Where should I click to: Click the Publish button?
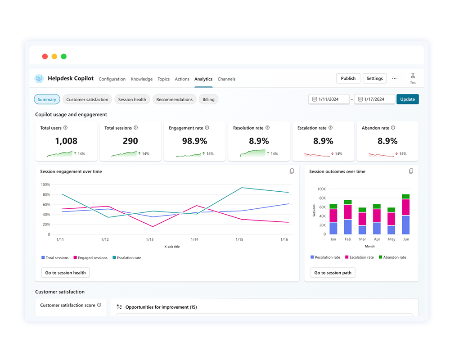point(348,78)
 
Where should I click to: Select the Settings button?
point(374,78)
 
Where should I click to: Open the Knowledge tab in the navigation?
point(142,79)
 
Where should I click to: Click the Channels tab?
point(226,79)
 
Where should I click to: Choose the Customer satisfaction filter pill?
point(87,99)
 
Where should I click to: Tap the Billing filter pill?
point(208,99)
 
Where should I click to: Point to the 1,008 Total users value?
point(66,141)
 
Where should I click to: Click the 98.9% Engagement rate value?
point(195,141)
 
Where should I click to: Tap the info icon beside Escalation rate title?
point(331,128)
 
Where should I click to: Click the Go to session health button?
point(66,273)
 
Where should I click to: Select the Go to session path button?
point(333,273)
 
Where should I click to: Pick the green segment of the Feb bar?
point(348,202)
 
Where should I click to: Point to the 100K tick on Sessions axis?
point(321,189)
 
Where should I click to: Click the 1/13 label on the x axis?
point(150,240)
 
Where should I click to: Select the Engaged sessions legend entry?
point(90,258)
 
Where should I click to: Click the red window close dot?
point(45,56)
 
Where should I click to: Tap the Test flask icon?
point(413,76)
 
